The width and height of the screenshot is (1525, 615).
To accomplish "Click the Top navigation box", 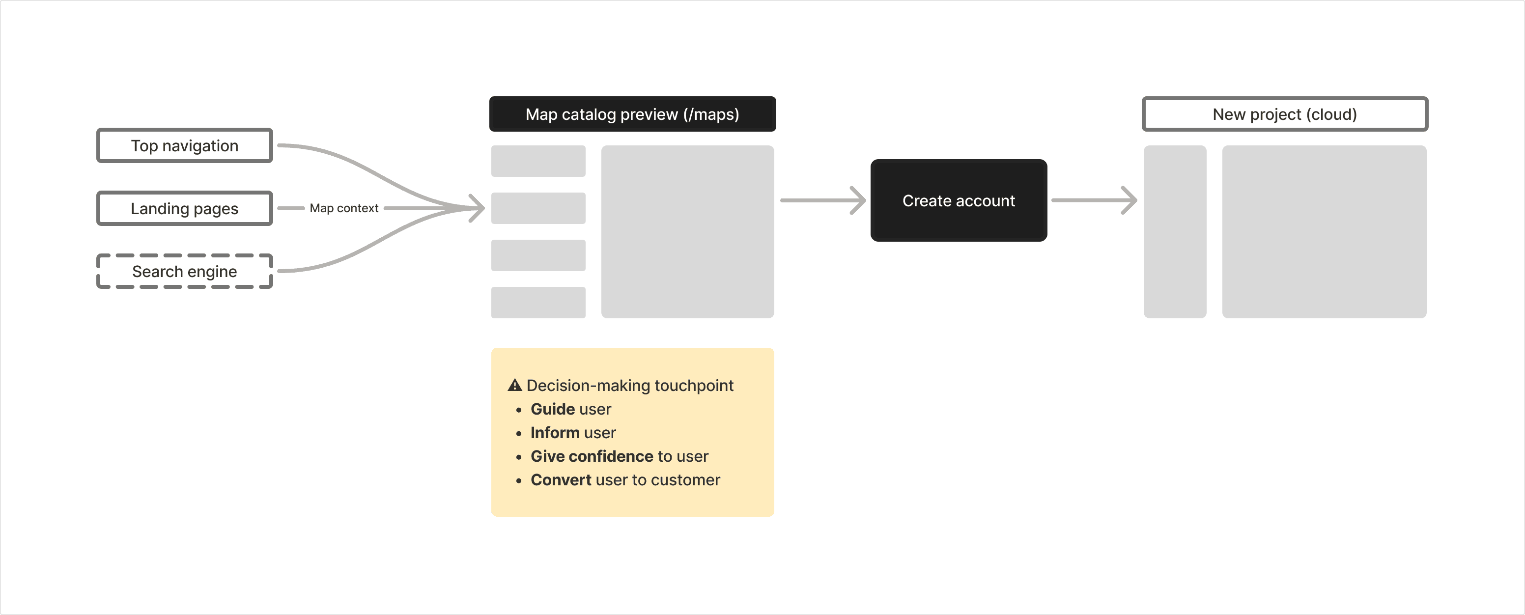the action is coord(185,145).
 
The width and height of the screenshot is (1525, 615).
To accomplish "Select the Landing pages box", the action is coord(185,208).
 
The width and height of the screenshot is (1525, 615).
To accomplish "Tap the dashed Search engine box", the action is coord(185,271).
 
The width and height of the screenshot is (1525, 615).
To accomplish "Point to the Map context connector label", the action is coord(344,208).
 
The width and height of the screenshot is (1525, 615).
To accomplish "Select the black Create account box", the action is coord(959,200).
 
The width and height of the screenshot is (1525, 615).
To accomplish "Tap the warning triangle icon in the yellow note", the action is coord(514,385).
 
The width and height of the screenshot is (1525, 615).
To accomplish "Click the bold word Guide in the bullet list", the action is coord(553,409).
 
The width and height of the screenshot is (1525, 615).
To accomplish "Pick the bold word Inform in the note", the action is coord(555,433).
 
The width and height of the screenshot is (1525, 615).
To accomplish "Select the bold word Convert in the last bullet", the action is coord(561,480).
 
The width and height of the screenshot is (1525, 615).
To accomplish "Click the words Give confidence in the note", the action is coord(592,456).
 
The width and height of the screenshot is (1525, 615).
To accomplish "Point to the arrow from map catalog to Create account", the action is coord(823,200).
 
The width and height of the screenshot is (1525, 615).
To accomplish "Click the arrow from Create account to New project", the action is coord(1094,200).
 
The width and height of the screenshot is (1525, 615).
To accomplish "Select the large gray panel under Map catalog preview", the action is coord(687,231).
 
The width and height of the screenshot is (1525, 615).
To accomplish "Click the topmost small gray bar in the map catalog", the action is coord(538,161).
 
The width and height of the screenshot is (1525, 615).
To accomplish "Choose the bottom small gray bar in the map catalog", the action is coord(538,303).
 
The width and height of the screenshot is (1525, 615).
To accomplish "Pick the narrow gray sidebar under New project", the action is coord(1175,231).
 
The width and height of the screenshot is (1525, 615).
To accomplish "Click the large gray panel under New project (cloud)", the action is coord(1325,231).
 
